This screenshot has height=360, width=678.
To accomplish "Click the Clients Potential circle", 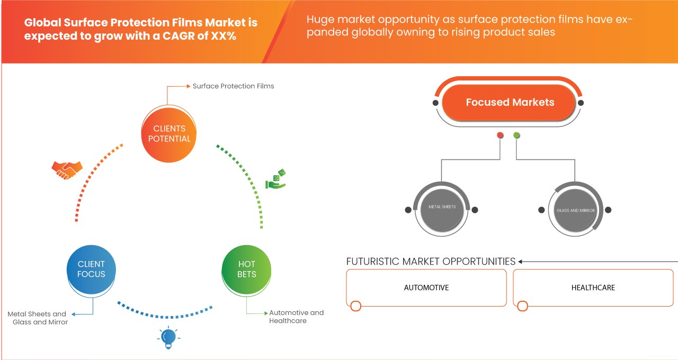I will [x=169, y=133].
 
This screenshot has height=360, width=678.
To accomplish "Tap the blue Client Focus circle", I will [x=91, y=269].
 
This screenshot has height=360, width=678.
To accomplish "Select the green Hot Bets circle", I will [x=246, y=269].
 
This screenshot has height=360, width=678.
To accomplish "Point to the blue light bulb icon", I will [x=168, y=337].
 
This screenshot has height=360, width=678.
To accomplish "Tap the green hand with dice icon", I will [x=275, y=179].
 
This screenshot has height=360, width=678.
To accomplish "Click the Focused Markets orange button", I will [x=510, y=102].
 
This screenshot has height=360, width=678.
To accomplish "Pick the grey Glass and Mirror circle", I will [x=575, y=210].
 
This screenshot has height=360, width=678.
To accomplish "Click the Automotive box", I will [x=426, y=287].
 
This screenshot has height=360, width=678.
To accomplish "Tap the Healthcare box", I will [x=593, y=287].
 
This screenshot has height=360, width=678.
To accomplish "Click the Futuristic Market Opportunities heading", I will [x=431, y=262].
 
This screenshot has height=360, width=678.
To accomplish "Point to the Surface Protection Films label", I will [x=233, y=86].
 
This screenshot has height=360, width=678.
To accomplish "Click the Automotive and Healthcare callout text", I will [x=296, y=317].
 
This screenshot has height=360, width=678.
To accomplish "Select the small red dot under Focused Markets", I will [x=500, y=136].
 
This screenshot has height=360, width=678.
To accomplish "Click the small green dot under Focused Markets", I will [x=516, y=136].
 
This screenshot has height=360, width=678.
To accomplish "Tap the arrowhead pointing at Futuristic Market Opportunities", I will [x=521, y=262].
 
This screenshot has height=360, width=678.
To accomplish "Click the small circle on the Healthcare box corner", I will [x=523, y=306].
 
